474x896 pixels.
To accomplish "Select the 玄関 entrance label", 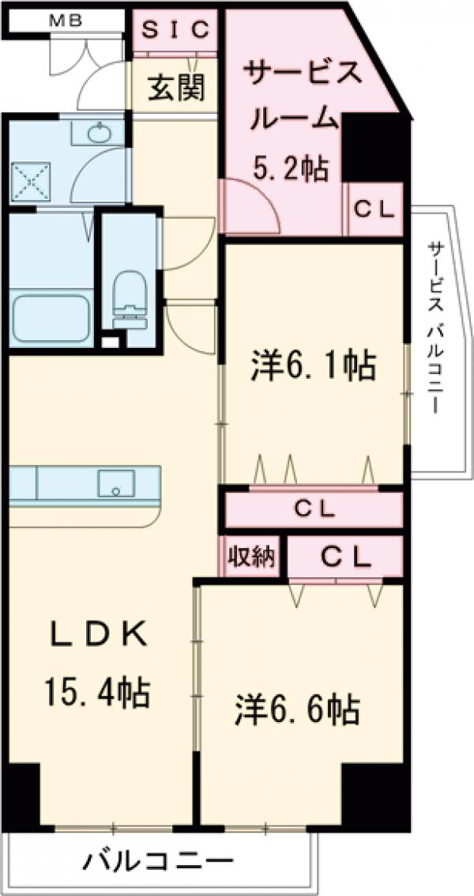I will click(x=175, y=87).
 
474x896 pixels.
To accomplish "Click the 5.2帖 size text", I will click(x=290, y=168).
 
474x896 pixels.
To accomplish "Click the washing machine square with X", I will click(x=31, y=181).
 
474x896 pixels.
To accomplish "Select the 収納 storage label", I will click(x=251, y=557).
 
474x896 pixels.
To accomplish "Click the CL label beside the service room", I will click(x=374, y=210).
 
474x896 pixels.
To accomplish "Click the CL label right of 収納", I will click(x=345, y=557).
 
